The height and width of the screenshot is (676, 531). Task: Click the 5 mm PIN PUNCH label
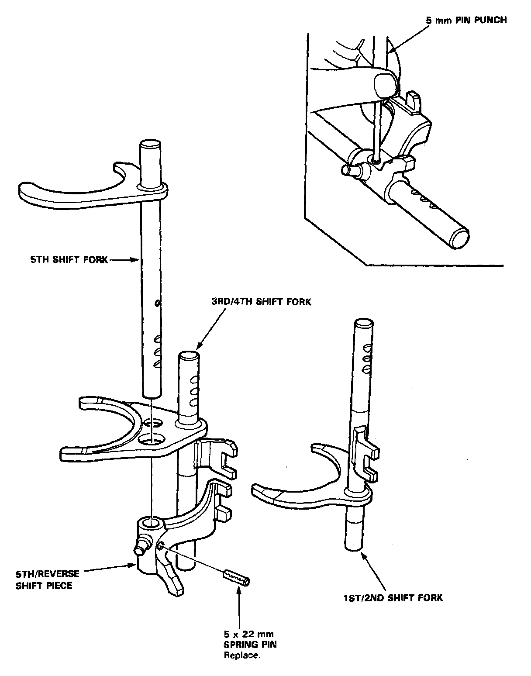pyautogui.click(x=465, y=20)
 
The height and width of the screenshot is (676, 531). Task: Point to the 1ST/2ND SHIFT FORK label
pyautogui.click(x=393, y=597)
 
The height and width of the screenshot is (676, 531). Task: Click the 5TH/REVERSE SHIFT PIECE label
pyautogui.click(x=48, y=579)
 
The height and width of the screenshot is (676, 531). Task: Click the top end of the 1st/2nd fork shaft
pyautogui.click(x=363, y=324)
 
